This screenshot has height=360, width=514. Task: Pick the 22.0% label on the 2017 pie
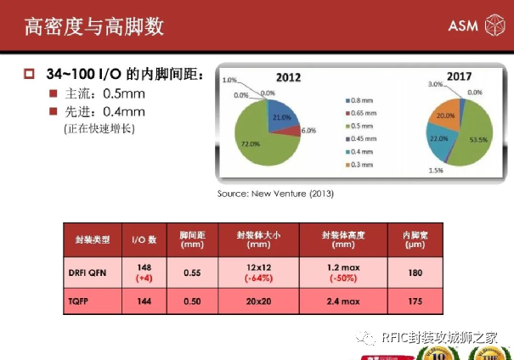[438, 138]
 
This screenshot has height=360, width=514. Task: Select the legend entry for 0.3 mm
[363, 164]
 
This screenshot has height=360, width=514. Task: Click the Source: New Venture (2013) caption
[275, 194]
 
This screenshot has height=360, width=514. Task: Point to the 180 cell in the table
[413, 272]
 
